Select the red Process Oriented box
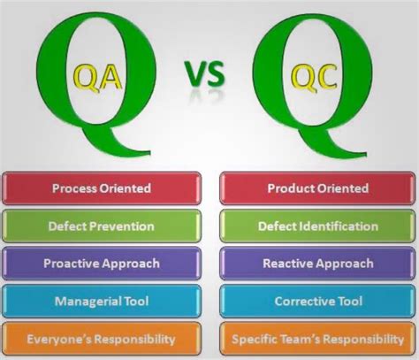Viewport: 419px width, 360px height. (102, 188)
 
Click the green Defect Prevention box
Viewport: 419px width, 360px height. (102, 226)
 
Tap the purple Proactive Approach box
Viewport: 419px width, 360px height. (102, 264)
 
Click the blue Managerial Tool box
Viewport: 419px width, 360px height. (102, 302)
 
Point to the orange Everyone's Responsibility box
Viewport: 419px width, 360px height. (102, 339)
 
